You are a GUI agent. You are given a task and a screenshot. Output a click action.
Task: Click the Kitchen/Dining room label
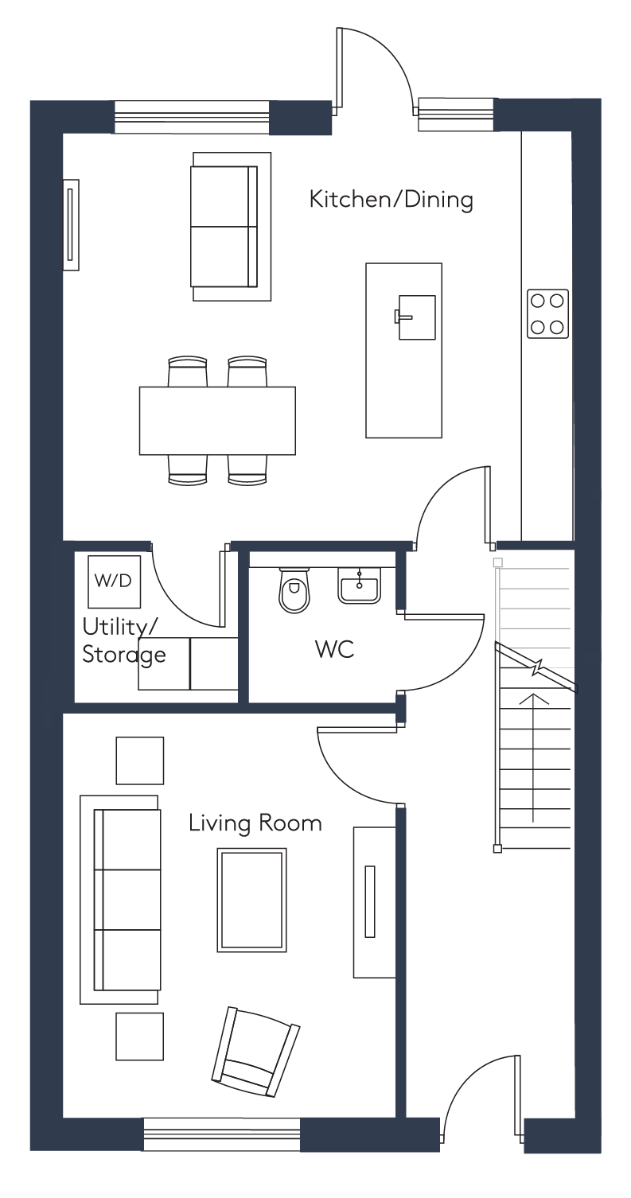click(x=391, y=200)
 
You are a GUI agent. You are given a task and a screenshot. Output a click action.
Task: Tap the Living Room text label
click(x=255, y=823)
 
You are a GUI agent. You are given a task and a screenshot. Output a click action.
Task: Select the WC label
click(x=334, y=649)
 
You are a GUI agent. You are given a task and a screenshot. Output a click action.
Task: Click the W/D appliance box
click(x=114, y=581)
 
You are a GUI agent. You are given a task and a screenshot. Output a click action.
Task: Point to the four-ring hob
click(x=547, y=314)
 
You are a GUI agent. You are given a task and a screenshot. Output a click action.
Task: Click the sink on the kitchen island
click(x=415, y=317)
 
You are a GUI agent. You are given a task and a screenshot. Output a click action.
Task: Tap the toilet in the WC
click(x=294, y=590)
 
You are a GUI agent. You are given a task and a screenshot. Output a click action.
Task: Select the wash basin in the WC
click(x=359, y=585)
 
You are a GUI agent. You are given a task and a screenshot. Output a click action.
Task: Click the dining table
click(x=217, y=420)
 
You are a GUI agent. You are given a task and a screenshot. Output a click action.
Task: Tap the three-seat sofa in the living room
click(x=120, y=900)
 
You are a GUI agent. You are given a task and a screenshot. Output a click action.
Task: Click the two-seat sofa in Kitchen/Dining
click(x=232, y=226)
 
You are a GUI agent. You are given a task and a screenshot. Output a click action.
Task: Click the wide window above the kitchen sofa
click(x=191, y=117)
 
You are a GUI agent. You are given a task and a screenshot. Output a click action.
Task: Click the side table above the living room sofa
click(x=140, y=760)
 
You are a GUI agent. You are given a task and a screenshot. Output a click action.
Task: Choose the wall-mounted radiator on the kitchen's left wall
click(x=71, y=224)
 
